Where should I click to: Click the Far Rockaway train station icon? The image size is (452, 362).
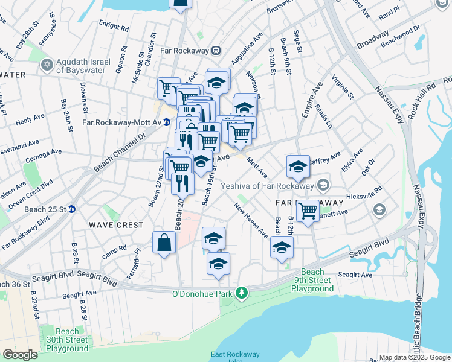[215, 51]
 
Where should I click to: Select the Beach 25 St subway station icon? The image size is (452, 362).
[71, 209]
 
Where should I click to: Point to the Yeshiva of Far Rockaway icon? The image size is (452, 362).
[323, 184]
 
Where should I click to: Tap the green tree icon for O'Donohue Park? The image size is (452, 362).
[242, 293]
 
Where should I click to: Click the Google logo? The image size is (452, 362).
[20, 355]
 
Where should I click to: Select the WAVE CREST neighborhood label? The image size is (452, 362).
[117, 225]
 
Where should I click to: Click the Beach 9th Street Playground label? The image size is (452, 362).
[312, 280]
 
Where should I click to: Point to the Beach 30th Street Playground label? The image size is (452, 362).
[67, 340]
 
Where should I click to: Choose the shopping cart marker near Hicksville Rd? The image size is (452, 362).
[308, 211]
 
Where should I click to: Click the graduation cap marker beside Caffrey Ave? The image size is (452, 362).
[297, 167]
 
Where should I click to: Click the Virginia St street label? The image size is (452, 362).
[341, 87]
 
